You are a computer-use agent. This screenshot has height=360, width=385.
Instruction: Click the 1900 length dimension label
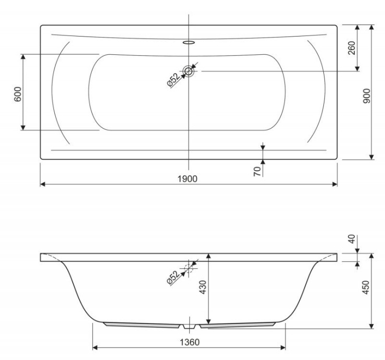point(188,179)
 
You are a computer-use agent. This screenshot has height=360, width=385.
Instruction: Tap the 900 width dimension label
point(366,96)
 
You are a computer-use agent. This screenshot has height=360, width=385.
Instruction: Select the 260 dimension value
point(352,48)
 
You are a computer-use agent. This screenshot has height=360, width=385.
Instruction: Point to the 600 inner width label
point(18,94)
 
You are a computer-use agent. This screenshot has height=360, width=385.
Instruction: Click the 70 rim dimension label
point(257,171)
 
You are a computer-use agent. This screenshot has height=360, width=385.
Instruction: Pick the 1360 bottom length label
point(190,342)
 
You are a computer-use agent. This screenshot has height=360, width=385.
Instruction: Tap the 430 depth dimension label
point(203,287)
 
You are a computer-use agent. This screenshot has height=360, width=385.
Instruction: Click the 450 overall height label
point(366,287)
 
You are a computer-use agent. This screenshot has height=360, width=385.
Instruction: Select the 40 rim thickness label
point(352,239)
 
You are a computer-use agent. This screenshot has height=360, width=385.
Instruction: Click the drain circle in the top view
point(189,71)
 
